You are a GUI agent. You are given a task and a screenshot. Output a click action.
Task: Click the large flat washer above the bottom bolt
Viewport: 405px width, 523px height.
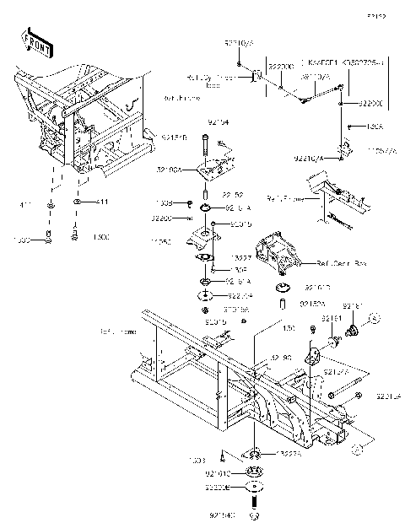[x=256, y=487]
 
